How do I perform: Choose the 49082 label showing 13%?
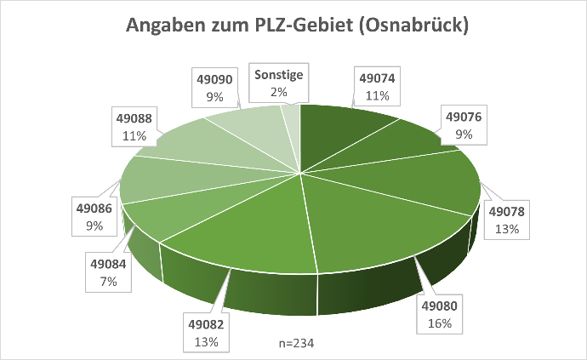pos(204,333)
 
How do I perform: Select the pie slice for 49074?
pos(340,136)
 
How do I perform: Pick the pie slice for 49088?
pos(191,145)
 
